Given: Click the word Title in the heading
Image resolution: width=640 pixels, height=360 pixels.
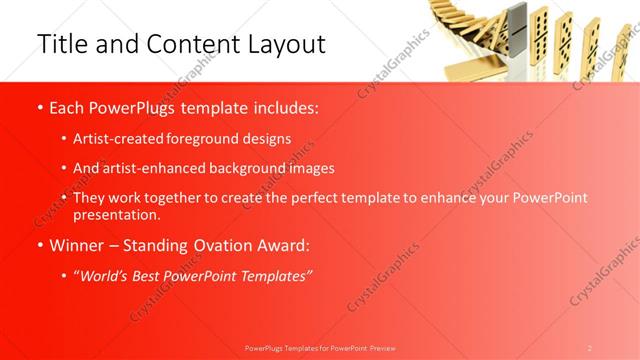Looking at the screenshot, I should (x=59, y=44).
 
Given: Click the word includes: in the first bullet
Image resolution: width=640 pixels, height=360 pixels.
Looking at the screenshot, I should (x=283, y=108).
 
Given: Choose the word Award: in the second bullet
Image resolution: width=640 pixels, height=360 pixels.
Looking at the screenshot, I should (x=285, y=245).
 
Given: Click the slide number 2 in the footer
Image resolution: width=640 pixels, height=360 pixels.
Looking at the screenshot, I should (x=590, y=347).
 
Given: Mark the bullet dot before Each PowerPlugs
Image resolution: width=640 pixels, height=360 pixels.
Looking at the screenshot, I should (x=38, y=109).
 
